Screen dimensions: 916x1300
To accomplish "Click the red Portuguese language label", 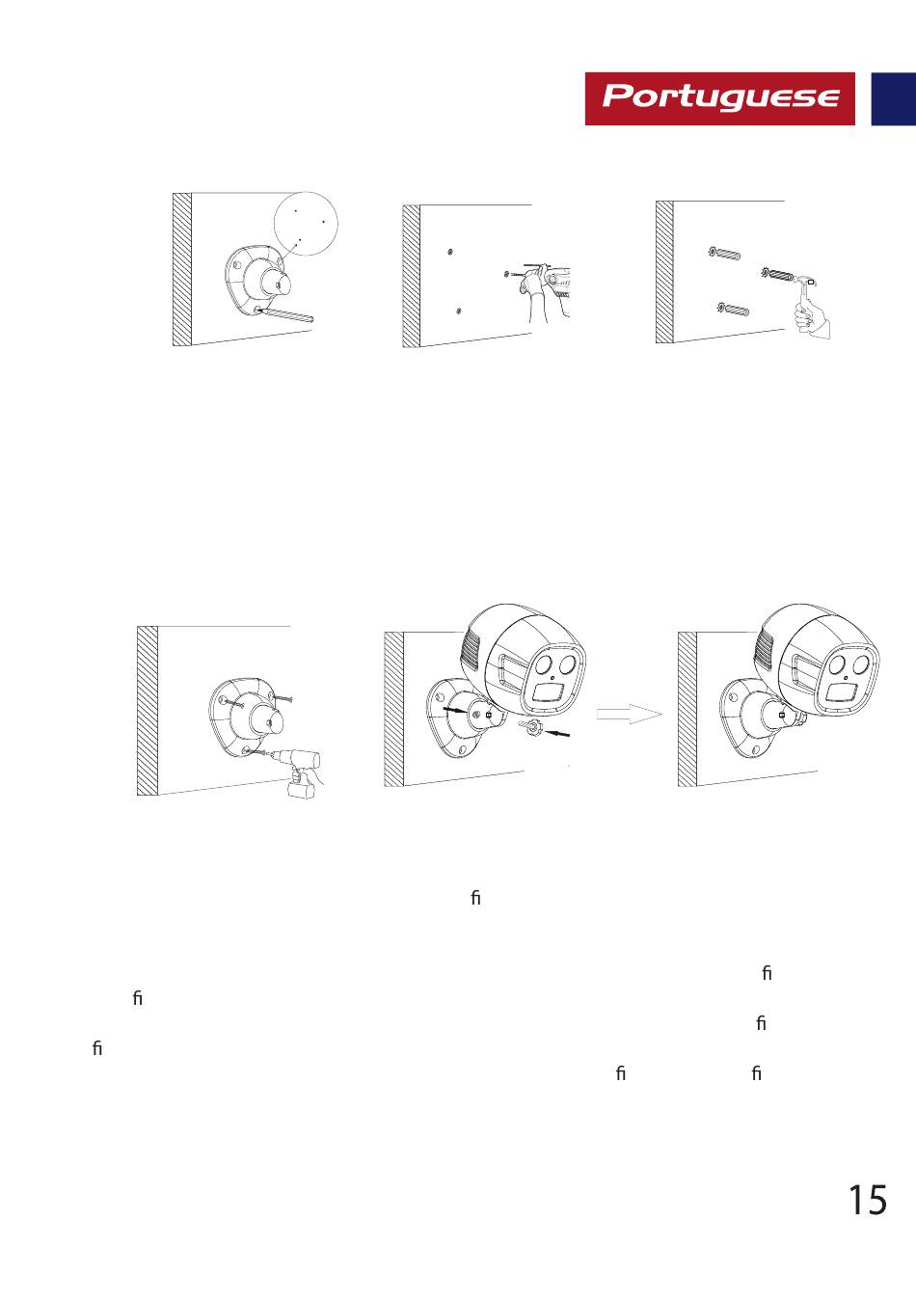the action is click(x=719, y=98).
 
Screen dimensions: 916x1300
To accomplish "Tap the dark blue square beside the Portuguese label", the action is click(x=894, y=98).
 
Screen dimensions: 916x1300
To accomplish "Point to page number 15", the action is click(x=867, y=1200).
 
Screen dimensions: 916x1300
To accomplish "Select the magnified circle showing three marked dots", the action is click(x=306, y=224).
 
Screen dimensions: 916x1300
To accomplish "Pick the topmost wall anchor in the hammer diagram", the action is click(x=724, y=253).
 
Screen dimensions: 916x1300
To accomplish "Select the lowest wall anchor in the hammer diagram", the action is click(x=733, y=309).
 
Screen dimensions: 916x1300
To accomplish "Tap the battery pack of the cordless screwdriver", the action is click(x=302, y=790).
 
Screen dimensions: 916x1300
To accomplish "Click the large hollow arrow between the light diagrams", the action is click(x=630, y=714).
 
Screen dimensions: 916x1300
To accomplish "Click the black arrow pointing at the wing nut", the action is click(x=558, y=734).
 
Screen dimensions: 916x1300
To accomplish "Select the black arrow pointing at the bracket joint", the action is click(x=455, y=711).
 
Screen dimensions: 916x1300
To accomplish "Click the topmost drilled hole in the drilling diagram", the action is click(x=450, y=252).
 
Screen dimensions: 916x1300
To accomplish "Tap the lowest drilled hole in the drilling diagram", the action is click(x=459, y=311).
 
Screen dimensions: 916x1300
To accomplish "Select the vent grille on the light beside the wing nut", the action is click(x=471, y=648).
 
